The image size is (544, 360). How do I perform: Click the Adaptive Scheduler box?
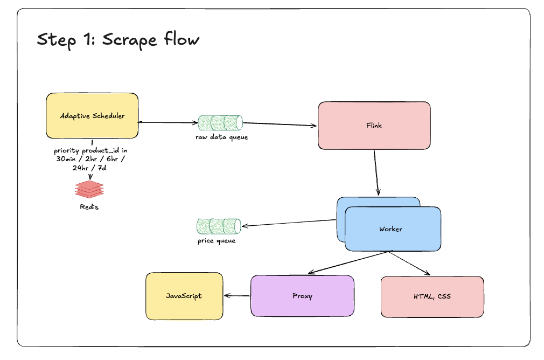92,116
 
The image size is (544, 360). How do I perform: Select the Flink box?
374,126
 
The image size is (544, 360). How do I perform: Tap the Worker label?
390,229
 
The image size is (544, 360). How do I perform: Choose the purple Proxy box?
302,296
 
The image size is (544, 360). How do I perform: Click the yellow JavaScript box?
184,296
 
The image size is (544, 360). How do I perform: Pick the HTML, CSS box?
433,297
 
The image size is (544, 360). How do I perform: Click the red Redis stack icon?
89,189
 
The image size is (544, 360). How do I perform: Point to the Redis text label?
89,207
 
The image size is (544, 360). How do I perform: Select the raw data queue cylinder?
220,122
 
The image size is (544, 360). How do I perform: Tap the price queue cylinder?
219,226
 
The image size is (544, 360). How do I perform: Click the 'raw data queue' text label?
222,137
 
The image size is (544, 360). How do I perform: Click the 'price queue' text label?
217,240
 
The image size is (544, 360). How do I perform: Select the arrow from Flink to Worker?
376,172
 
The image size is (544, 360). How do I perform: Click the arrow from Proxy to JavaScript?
237,296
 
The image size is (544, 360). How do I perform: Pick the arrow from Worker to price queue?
289,223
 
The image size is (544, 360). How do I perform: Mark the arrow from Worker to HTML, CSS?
409,263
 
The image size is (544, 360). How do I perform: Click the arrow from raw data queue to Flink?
280,124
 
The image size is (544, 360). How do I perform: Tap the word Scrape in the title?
129,40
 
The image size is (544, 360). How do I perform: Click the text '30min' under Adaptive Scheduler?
66,159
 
